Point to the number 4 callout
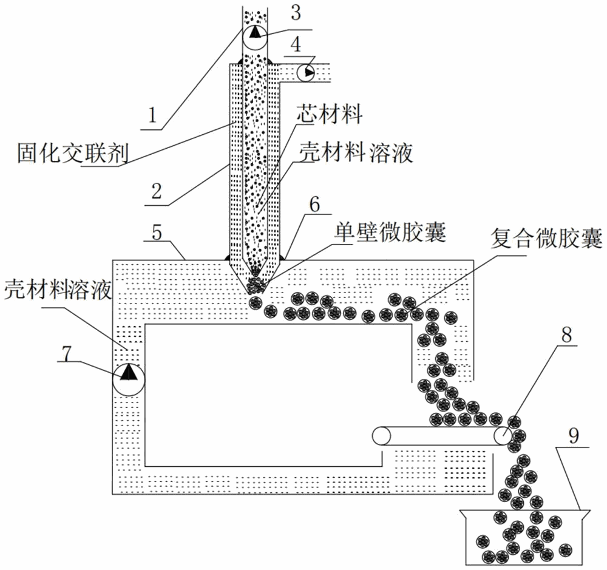pyautogui.click(x=297, y=44)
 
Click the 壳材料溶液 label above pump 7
pyautogui.click(x=57, y=290)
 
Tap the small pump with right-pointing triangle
pyautogui.click(x=307, y=74)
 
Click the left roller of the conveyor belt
pyautogui.click(x=382, y=436)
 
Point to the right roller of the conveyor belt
pyautogui.click(x=503, y=436)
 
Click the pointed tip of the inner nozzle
pyautogui.click(x=255, y=275)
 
